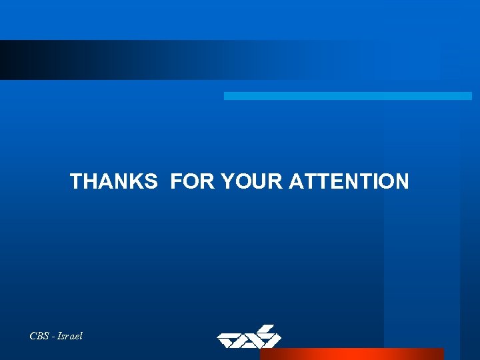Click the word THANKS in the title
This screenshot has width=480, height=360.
pos(113,181)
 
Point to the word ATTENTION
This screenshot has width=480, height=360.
pos(349,181)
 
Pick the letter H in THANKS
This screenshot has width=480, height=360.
pos(89,181)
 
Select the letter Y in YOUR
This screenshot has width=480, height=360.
pos(227,181)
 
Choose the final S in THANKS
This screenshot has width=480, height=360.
pos(150,181)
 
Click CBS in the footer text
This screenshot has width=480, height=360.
pos(39,336)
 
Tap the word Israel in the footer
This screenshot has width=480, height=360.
pos(69,336)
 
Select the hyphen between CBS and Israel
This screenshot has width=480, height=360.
pos(53,337)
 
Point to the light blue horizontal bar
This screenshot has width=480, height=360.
pos(347,96)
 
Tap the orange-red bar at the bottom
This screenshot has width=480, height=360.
pos(351,354)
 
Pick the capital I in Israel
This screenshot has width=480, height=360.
pos(59,336)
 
